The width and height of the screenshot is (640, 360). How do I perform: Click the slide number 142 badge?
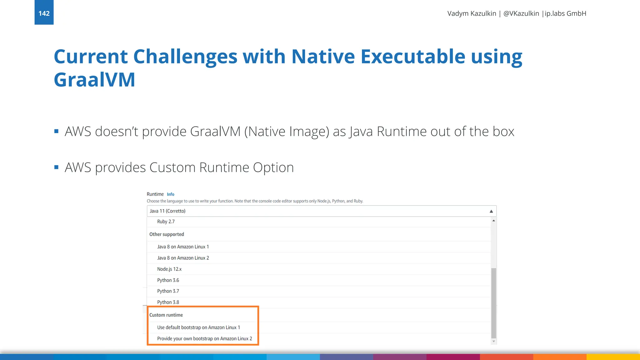coord(44,13)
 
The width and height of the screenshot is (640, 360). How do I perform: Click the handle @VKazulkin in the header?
coord(521,13)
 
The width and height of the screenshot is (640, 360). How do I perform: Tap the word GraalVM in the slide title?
coord(94,79)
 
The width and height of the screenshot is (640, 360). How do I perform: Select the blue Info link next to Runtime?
coord(170,194)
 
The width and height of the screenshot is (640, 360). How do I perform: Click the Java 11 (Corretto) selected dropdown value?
coord(167,211)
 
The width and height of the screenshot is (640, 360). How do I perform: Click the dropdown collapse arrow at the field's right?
coord(491,211)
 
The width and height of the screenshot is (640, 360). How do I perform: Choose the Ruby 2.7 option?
coord(166,222)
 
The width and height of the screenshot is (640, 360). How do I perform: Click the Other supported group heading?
coord(167,234)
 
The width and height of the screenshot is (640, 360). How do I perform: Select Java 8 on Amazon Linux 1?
coord(183,247)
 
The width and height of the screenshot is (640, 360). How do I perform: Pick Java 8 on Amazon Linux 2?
coord(183,258)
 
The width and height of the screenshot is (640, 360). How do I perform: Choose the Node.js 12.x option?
coord(169,269)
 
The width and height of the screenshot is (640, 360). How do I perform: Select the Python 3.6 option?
coord(168,280)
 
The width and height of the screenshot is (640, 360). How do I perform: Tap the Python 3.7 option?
coord(168,291)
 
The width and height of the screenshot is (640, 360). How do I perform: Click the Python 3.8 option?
coord(168,302)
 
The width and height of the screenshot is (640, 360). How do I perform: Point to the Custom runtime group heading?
coord(166,315)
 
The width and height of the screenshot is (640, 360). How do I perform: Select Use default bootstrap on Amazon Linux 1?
coord(198,327)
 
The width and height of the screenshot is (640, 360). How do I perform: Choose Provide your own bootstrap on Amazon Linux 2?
coord(204,339)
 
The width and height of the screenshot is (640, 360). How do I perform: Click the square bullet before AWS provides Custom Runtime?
coord(57,167)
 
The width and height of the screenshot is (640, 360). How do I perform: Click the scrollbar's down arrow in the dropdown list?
coord(494,341)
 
